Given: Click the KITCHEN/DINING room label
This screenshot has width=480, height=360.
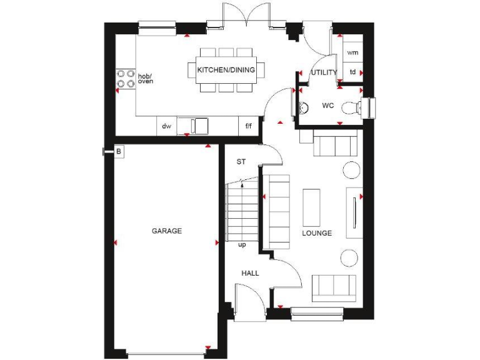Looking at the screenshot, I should (x=226, y=70).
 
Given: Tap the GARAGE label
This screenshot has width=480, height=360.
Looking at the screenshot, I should (x=167, y=231).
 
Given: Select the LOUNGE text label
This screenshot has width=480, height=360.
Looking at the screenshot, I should (x=317, y=233).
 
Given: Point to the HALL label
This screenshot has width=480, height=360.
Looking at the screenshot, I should (x=250, y=273).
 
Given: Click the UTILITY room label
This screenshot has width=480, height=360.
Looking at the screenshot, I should (x=324, y=72).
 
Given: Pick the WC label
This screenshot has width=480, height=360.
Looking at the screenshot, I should (x=328, y=106).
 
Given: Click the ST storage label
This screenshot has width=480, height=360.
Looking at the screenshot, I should (x=241, y=162).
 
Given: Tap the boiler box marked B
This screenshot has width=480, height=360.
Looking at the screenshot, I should (x=118, y=151).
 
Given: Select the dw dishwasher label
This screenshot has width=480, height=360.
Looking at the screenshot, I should (x=167, y=126).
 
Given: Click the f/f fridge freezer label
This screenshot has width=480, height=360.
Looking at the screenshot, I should (x=248, y=126).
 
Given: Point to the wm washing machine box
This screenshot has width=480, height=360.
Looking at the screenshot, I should (x=352, y=52).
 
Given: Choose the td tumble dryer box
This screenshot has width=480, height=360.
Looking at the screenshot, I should (x=352, y=72).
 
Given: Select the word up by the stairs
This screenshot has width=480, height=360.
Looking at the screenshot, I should (x=242, y=244).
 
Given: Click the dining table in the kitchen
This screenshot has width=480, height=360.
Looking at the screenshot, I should (x=226, y=69).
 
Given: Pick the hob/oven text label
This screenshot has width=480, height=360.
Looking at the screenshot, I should (x=145, y=78).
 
